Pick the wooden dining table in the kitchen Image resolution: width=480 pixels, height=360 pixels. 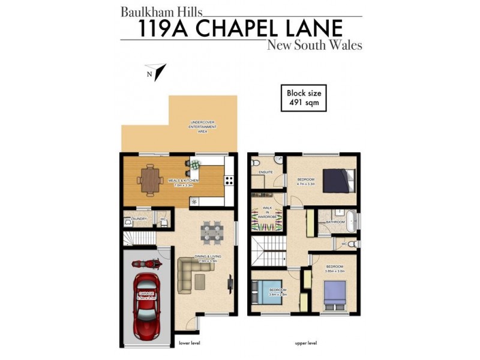coord(149,178)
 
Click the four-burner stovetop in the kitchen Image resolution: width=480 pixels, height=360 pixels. coord(229,179)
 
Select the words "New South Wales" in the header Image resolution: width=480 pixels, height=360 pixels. coord(314,46)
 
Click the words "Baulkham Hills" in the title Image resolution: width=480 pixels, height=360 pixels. coord(162,11)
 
